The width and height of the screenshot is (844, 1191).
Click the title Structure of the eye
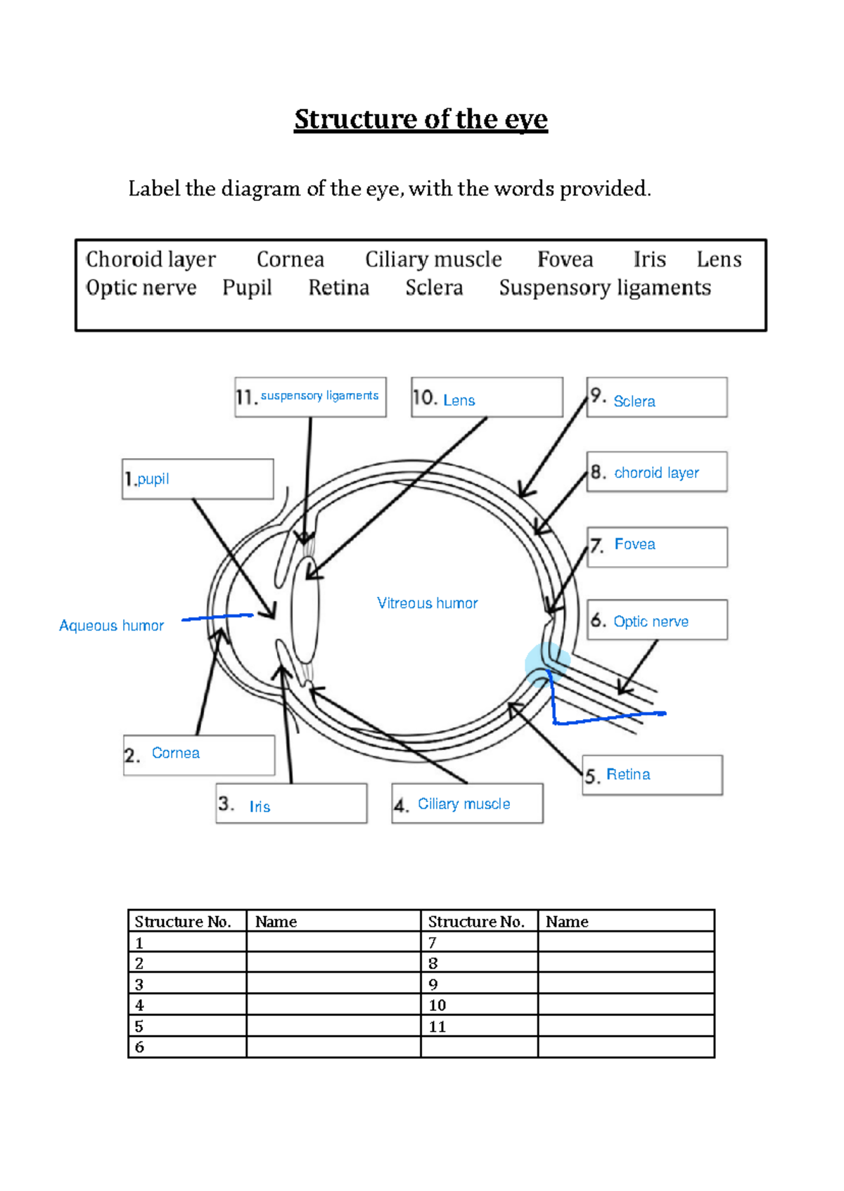421,120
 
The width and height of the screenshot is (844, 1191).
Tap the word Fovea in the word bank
565,259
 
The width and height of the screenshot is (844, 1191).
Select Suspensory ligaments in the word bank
605,288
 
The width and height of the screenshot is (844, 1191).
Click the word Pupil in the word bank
247,288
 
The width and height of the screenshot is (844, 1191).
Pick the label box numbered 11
310,397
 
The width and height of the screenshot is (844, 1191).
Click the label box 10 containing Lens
487,398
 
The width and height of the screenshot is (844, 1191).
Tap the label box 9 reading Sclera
657,398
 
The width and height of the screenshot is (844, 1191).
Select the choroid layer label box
657,472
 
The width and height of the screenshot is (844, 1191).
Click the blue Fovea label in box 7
634,544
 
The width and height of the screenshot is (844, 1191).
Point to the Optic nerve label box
657,620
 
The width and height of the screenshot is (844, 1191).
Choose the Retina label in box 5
628,774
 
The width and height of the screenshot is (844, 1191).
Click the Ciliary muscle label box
467,804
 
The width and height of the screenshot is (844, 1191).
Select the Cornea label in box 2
176,753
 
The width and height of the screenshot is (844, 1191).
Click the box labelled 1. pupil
198,479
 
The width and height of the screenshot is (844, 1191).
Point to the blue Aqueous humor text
111,626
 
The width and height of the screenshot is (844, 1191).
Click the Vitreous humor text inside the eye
427,603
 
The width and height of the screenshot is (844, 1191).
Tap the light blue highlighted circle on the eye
546,664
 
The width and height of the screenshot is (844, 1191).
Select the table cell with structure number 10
479,1005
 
